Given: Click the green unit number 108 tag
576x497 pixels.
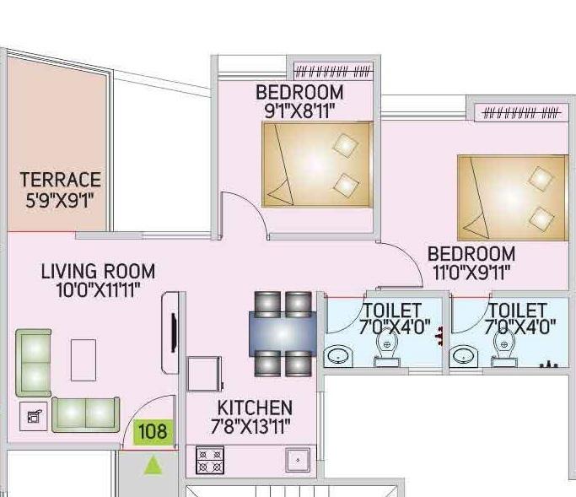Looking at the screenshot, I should coord(153,433).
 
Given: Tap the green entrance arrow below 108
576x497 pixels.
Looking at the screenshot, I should coord(153,465).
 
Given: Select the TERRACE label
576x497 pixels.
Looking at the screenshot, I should coord(61,180).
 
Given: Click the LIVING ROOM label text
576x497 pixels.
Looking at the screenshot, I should coord(98,272).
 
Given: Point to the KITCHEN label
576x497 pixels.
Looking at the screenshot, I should coord(254,408).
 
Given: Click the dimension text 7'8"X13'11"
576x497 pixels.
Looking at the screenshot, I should coord(254,426).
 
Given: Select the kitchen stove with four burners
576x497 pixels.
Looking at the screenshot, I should coord(210,459).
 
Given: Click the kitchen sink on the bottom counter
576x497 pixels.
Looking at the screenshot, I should coord(297,461).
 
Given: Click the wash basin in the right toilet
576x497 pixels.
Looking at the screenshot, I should coord(463,355).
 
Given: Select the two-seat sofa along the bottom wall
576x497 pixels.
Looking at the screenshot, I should coord(85,413).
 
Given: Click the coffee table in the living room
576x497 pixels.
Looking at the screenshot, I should coord(83,359).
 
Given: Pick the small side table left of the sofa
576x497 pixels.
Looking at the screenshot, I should coord(33,417).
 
